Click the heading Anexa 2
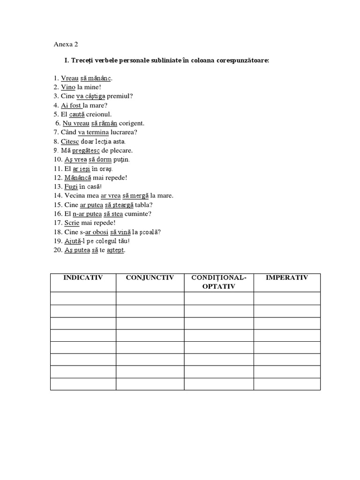(x=66, y=45)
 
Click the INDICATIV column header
(x=83, y=277)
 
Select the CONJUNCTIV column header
(x=150, y=277)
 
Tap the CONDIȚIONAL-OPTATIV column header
(x=219, y=282)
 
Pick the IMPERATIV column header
(x=287, y=277)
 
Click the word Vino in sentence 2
(x=68, y=87)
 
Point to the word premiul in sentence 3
(x=120, y=96)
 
